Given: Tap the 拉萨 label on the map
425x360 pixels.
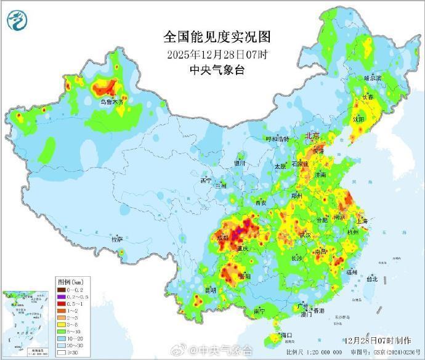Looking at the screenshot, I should coord(116,239).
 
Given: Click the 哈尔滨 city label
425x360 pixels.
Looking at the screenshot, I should coord(373,79).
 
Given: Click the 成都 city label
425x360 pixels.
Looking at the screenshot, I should coord(224,237).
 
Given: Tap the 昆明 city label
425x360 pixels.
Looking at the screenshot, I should coord(210,290).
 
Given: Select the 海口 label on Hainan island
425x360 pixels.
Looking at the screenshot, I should coord(285,335).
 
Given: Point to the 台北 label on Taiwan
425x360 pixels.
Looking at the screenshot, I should coord(371,279).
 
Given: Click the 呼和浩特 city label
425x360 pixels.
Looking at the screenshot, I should coord(276,139).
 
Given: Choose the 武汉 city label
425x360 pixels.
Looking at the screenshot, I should coord(304,235).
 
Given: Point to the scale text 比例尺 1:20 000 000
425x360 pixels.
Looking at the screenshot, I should coord(315,353).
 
